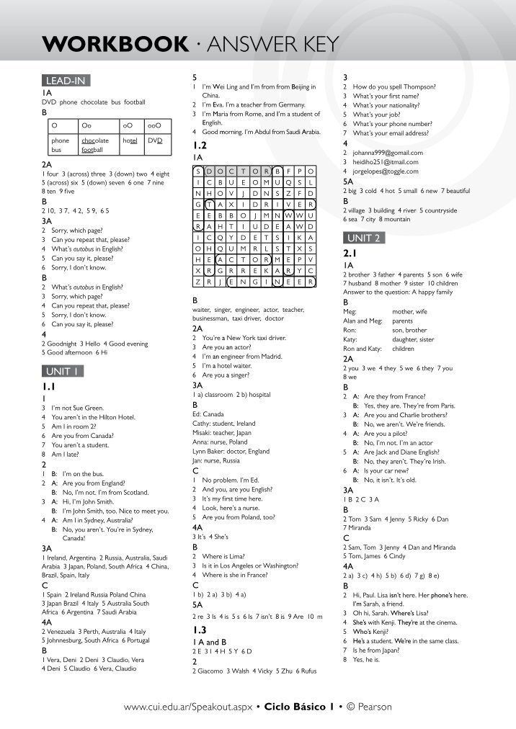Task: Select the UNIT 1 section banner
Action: click(63, 372)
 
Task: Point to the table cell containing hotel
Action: click(131, 141)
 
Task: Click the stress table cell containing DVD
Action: click(156, 141)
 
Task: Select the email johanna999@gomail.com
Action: click(388, 153)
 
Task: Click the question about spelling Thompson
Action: click(399, 86)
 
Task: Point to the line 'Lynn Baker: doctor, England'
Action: click(231, 451)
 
